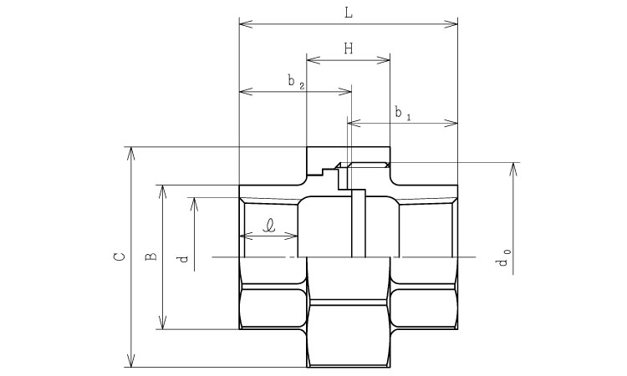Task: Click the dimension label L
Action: coord(349,13)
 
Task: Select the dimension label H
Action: coord(349,49)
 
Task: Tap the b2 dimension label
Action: coord(296,82)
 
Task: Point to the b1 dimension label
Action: coord(403,113)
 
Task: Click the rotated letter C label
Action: coord(120,257)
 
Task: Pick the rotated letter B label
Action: coord(150,257)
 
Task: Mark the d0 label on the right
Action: coord(502,257)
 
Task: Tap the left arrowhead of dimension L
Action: coord(246,24)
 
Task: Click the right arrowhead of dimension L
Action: coord(451,24)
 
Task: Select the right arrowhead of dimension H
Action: coord(383,60)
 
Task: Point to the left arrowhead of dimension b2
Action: coord(246,92)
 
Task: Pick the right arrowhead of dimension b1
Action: coord(451,123)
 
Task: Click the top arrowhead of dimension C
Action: coord(130,154)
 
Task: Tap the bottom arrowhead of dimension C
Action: coord(130,360)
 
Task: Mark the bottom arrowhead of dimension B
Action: coord(162,323)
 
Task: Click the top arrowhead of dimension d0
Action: coord(514,170)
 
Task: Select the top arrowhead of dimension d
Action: coord(194,204)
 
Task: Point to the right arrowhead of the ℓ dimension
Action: coord(291,236)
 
